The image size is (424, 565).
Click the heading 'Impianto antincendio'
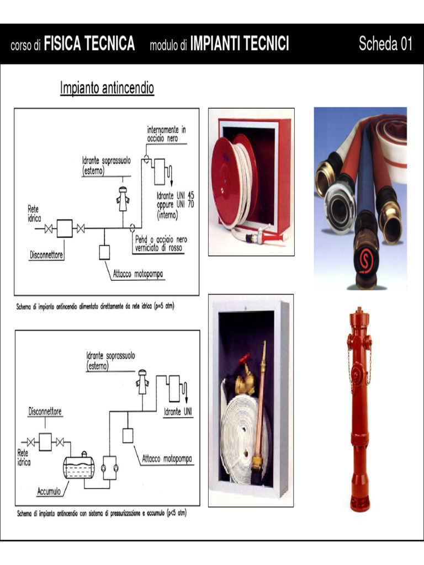[x=107, y=88]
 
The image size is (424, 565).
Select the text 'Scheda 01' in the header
[x=385, y=44]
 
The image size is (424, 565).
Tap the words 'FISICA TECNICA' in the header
[x=89, y=44]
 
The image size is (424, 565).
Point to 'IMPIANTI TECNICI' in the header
[x=239, y=44]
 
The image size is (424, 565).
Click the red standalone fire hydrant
[x=359, y=408]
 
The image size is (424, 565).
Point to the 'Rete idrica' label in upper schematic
[x=34, y=214]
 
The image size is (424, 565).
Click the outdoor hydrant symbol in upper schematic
[x=123, y=199]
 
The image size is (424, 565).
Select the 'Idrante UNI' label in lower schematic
[x=178, y=412]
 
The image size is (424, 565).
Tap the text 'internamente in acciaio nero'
[x=166, y=134]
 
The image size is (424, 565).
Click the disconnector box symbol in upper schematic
[x=64, y=228]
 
